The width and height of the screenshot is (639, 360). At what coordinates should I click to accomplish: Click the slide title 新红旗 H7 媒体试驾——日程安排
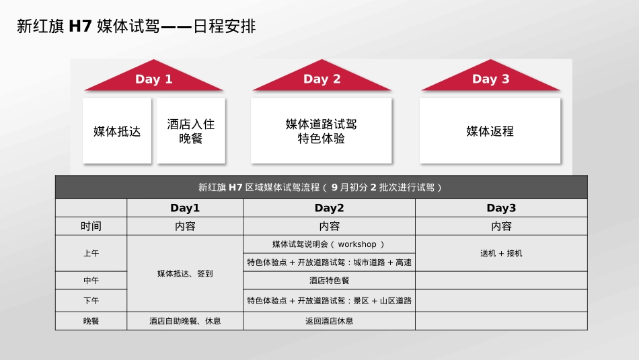tap(136, 27)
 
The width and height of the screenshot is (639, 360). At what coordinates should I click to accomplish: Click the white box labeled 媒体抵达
tap(117, 131)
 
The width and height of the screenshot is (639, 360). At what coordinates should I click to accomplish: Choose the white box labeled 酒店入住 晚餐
tap(191, 131)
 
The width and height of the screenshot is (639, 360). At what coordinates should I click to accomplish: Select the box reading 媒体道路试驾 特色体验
tap(322, 131)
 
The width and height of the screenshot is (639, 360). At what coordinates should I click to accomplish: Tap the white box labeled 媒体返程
tap(490, 131)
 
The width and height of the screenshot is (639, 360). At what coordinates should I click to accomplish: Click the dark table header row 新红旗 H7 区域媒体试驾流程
tap(321, 188)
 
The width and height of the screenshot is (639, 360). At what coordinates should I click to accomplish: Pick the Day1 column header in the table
tap(185, 208)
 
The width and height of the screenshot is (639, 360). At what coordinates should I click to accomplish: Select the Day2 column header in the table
tap(329, 208)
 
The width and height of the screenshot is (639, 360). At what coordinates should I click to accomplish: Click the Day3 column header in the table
tap(501, 208)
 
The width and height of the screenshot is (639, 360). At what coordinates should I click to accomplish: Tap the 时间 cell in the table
tap(91, 226)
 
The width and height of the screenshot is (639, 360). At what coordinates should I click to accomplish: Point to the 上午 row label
tap(91, 253)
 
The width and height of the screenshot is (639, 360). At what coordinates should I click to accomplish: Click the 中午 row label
tap(91, 281)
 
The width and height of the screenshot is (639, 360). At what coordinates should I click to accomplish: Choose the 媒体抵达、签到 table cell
tap(185, 273)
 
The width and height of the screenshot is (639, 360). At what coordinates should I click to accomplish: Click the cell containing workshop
tap(329, 244)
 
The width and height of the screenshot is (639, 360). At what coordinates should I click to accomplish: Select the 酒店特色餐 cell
tap(329, 281)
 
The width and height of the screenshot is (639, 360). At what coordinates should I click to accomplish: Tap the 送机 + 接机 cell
tap(501, 253)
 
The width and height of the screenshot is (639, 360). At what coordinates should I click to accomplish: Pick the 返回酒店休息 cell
tap(329, 321)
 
